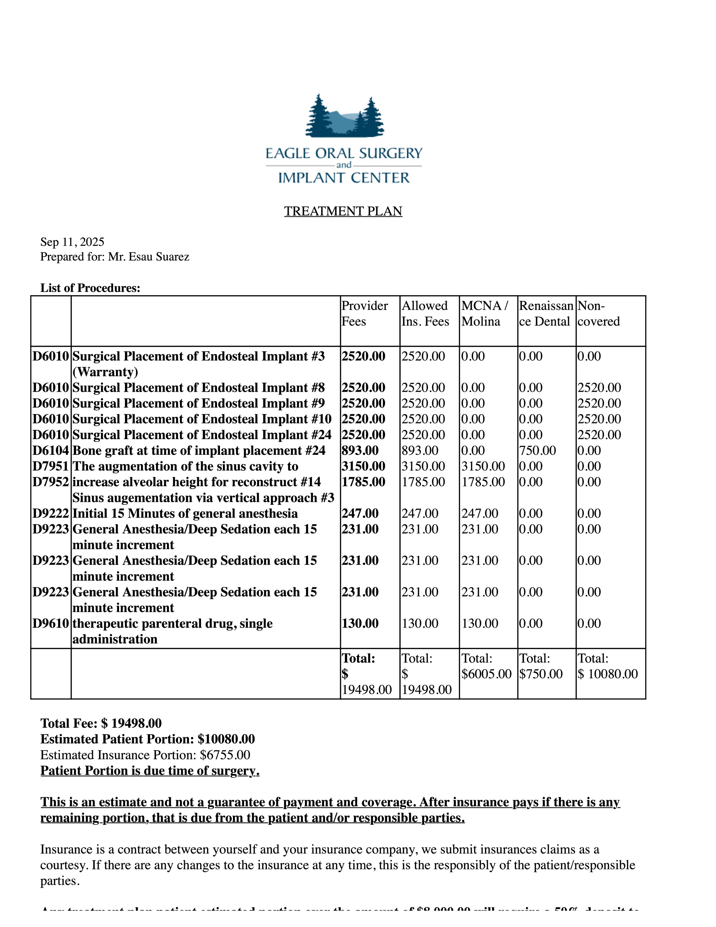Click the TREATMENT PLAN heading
pos(343,211)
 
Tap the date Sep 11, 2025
pos(72,242)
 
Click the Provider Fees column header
pos(364,313)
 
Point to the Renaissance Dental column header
pos(546,313)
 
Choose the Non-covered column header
pos(598,313)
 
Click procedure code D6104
pos(51,450)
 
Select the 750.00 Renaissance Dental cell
pos(537,450)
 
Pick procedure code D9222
pos(51,513)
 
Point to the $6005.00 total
pos(486,674)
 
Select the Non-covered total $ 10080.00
pos(607,674)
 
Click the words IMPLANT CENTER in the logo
pos(344,178)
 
